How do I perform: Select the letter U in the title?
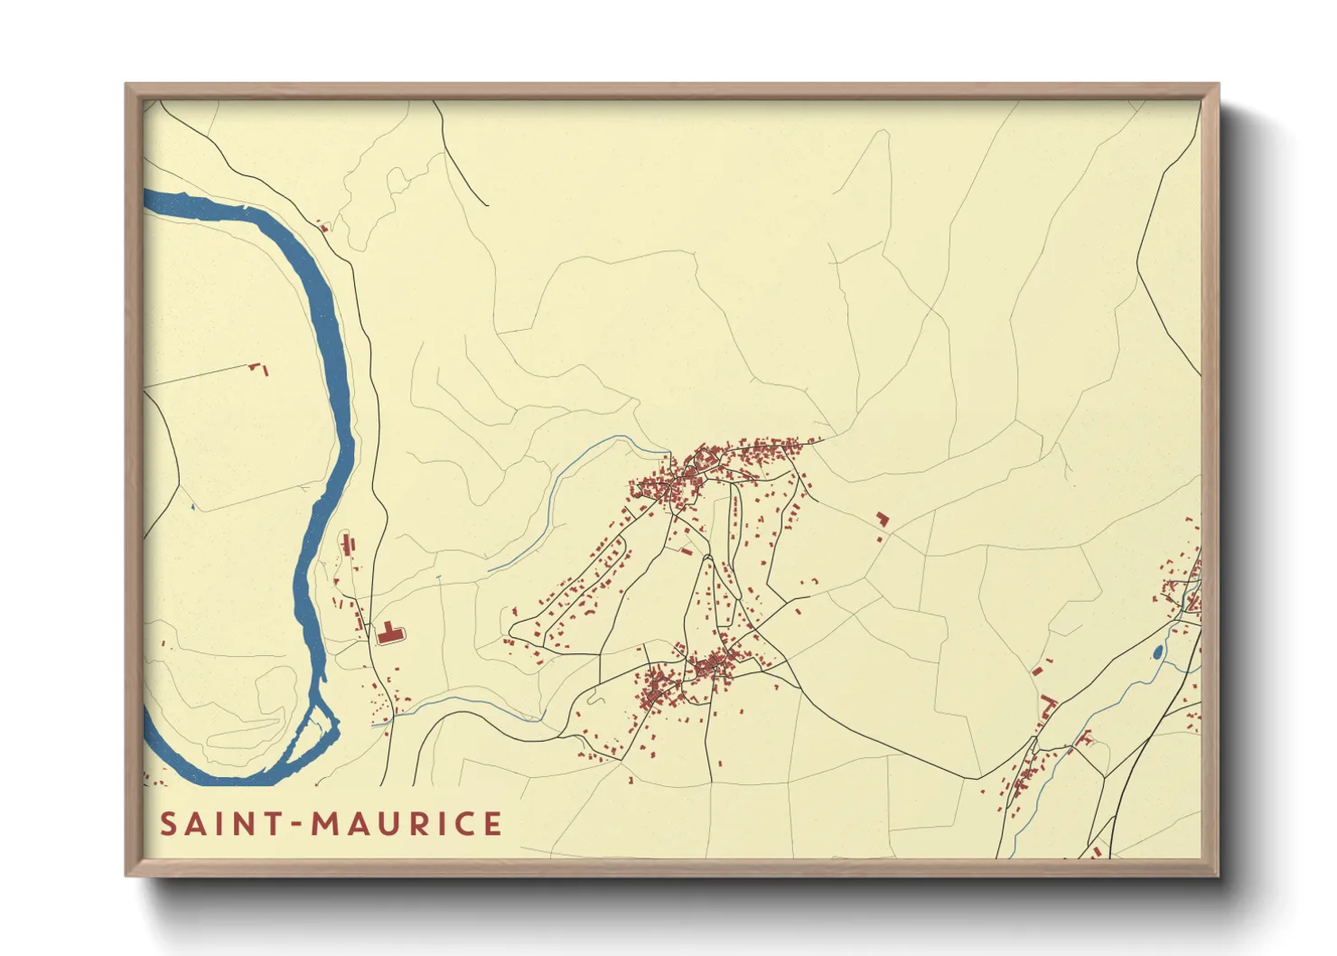(389, 824)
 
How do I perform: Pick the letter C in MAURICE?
(465, 824)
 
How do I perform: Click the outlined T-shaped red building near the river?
(389, 633)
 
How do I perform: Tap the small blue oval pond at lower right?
(1157, 651)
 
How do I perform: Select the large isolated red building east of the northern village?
(882, 519)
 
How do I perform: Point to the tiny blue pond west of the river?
(192, 507)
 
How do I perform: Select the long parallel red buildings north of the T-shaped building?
(348, 544)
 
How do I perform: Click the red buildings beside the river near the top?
(323, 227)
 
